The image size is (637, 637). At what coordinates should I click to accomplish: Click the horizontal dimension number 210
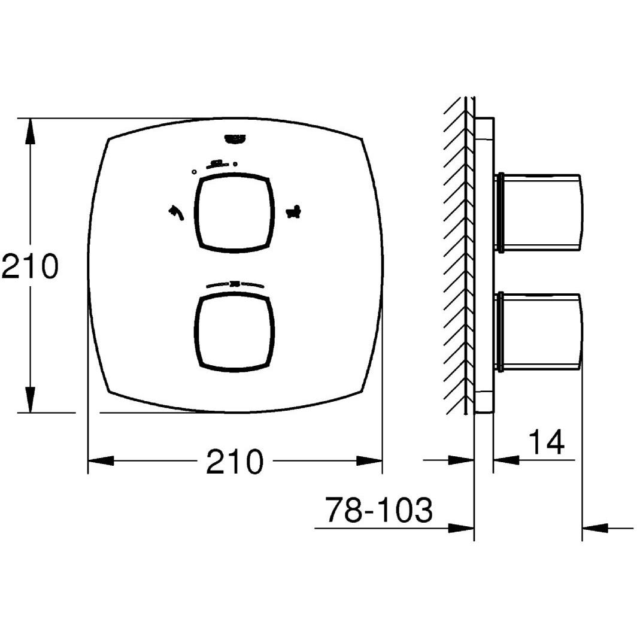coord(235,462)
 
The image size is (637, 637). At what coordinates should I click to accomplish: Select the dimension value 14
coord(546,443)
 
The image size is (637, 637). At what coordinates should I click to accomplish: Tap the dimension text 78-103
coord(378,511)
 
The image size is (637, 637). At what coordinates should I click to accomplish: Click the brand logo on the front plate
coord(235,139)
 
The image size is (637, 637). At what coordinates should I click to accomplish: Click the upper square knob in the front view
coord(235,212)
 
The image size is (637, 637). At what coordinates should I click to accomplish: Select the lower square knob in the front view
coord(235,332)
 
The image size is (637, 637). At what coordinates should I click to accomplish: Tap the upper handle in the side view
coord(539,213)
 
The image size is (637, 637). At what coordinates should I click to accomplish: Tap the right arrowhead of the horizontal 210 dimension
coord(369,461)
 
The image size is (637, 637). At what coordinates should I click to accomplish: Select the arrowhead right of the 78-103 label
coord(462,528)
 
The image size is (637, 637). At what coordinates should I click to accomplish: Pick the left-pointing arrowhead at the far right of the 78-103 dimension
coord(595,528)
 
